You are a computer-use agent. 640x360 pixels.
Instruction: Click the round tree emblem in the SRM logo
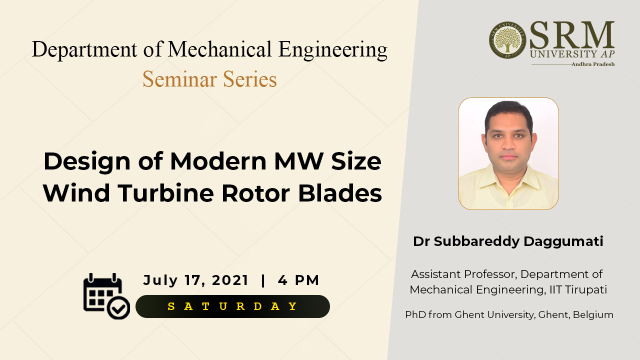[507, 40]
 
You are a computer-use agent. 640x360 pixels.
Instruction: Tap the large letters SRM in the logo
[572, 35]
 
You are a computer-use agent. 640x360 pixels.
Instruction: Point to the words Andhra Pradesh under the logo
[593, 64]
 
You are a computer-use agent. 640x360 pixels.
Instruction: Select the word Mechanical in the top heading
[219, 49]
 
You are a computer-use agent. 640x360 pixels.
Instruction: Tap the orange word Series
[250, 79]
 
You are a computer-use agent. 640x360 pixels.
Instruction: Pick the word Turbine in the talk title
[165, 193]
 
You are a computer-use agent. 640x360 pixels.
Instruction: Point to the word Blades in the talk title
[340, 193]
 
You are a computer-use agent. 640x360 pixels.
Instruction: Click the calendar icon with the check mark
[106, 296]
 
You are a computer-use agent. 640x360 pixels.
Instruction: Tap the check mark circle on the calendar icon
[118, 307]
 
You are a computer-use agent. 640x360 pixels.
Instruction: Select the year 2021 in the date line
[230, 280]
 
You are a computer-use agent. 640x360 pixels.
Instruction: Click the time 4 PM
[298, 280]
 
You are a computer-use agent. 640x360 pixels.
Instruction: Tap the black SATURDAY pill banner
[232, 306]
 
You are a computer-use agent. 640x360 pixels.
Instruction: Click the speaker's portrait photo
[508, 153]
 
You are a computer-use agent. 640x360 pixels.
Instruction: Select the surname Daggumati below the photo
[563, 241]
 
